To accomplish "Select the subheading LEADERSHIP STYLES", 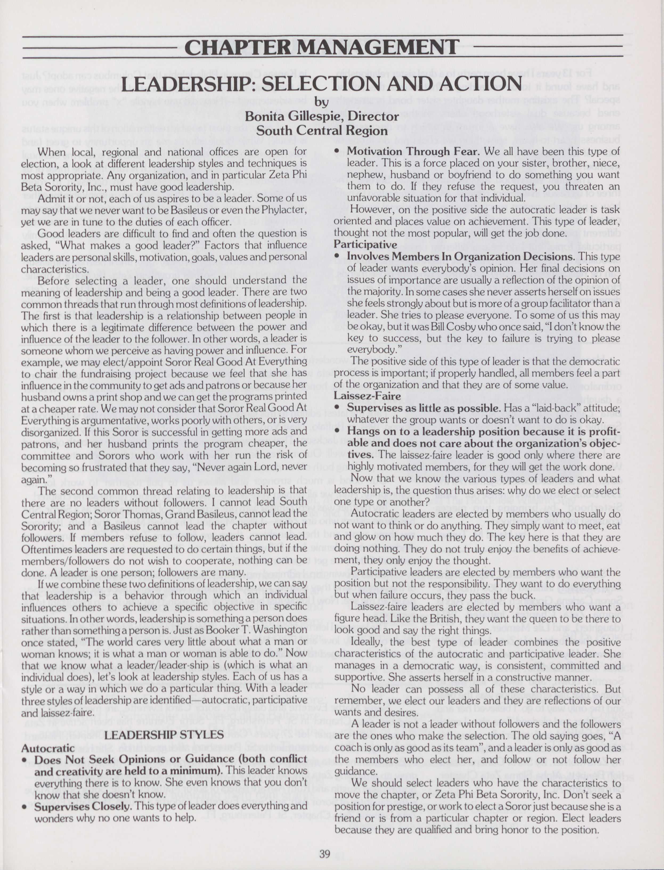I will point(164,734).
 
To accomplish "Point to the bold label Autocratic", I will point(48,748).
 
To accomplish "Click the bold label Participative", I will point(366,244).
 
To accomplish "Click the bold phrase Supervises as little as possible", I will point(424,408).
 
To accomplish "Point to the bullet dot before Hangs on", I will point(337,431).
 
